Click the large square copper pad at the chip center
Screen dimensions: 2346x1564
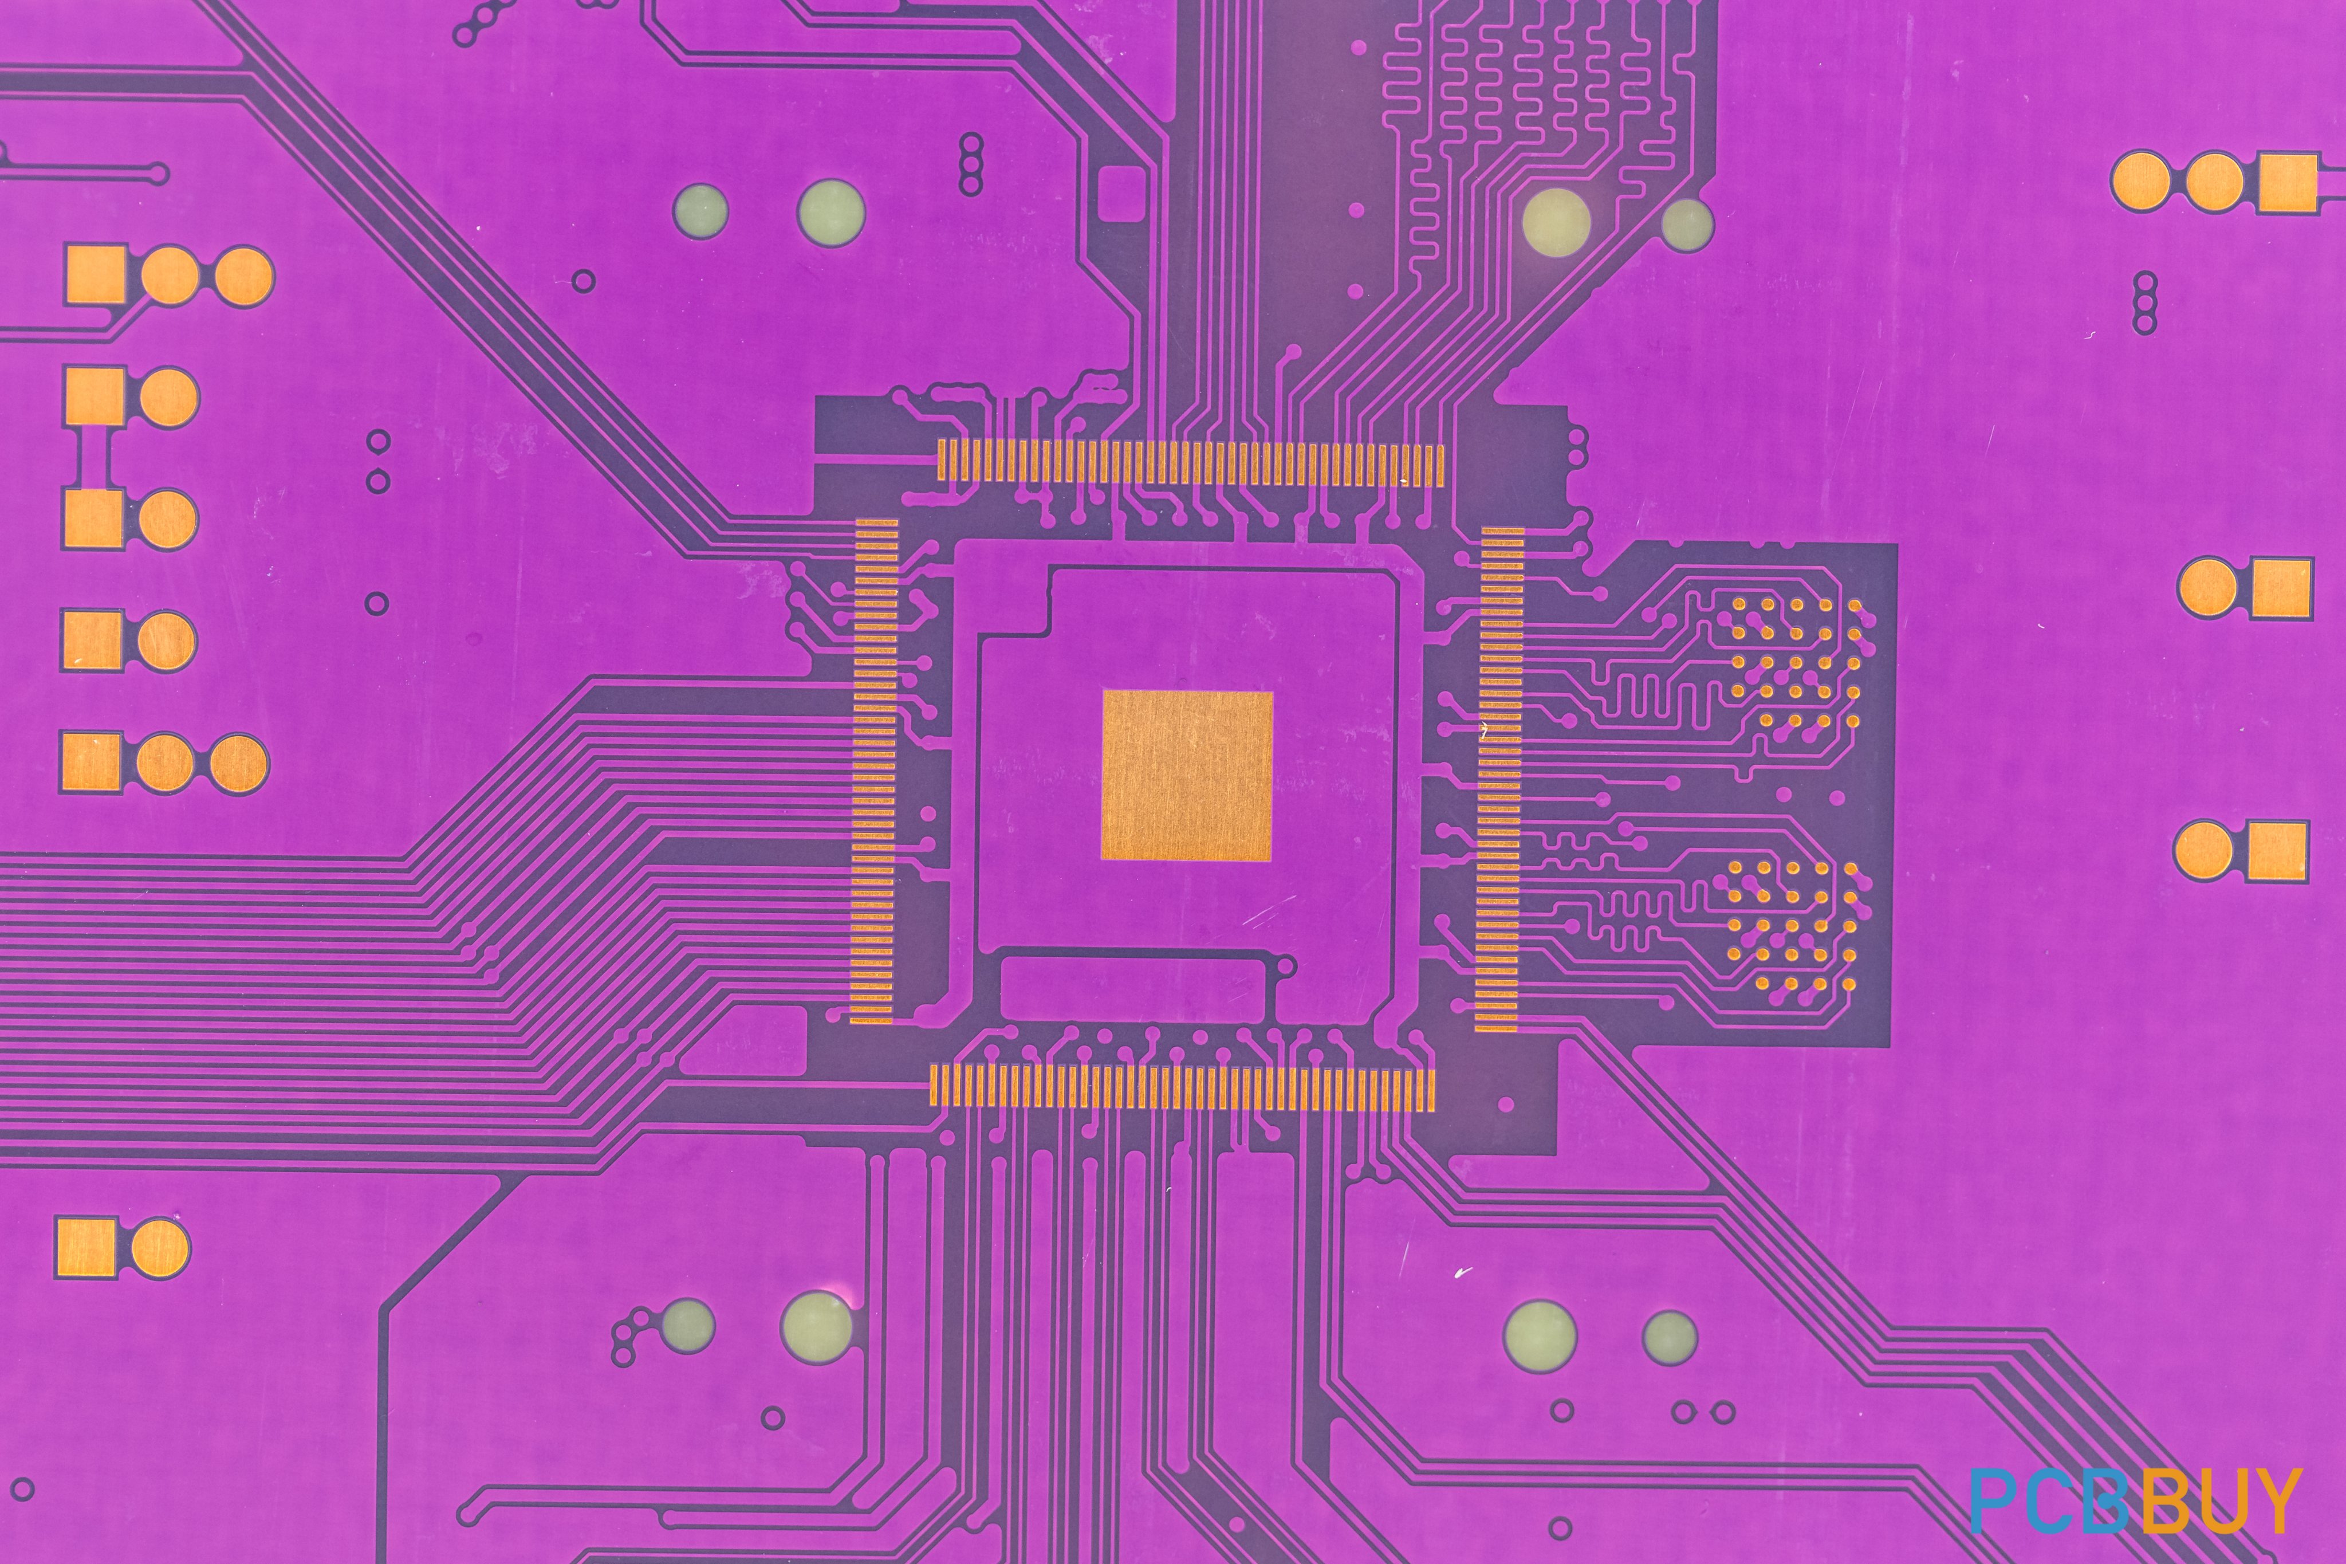tap(1187, 775)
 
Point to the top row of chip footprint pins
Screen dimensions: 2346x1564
tap(1190, 464)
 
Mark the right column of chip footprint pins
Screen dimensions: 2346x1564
tap(1499, 779)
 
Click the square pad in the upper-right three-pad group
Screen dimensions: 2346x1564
tap(2287, 183)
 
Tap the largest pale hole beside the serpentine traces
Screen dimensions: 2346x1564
tap(1556, 222)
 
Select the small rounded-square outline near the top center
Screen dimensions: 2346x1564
tap(1121, 194)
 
